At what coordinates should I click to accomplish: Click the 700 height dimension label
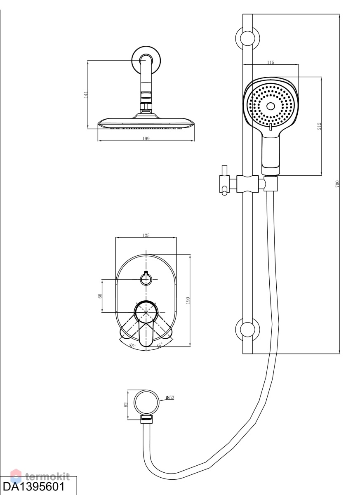tap(337, 184)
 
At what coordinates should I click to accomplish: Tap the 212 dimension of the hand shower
tap(319, 126)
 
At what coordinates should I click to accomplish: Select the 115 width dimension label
tap(271, 62)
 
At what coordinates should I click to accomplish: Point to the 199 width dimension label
tap(146, 139)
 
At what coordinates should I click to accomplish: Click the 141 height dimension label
tap(86, 94)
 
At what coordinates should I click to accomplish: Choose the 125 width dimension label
tap(146, 236)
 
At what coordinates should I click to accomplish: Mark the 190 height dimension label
tap(188, 300)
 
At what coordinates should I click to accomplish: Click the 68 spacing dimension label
tap(100, 296)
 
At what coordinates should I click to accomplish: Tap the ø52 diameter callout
tap(170, 398)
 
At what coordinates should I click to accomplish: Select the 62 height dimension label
tap(126, 405)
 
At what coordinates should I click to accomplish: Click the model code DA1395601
tap(34, 486)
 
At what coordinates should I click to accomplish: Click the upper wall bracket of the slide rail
tap(247, 38)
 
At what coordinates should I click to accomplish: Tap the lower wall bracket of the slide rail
tap(247, 330)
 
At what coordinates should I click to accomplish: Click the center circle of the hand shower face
tap(271, 106)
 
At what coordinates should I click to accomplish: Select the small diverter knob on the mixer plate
tap(146, 279)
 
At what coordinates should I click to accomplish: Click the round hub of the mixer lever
tap(146, 312)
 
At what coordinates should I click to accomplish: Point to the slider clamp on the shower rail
tap(247, 184)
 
